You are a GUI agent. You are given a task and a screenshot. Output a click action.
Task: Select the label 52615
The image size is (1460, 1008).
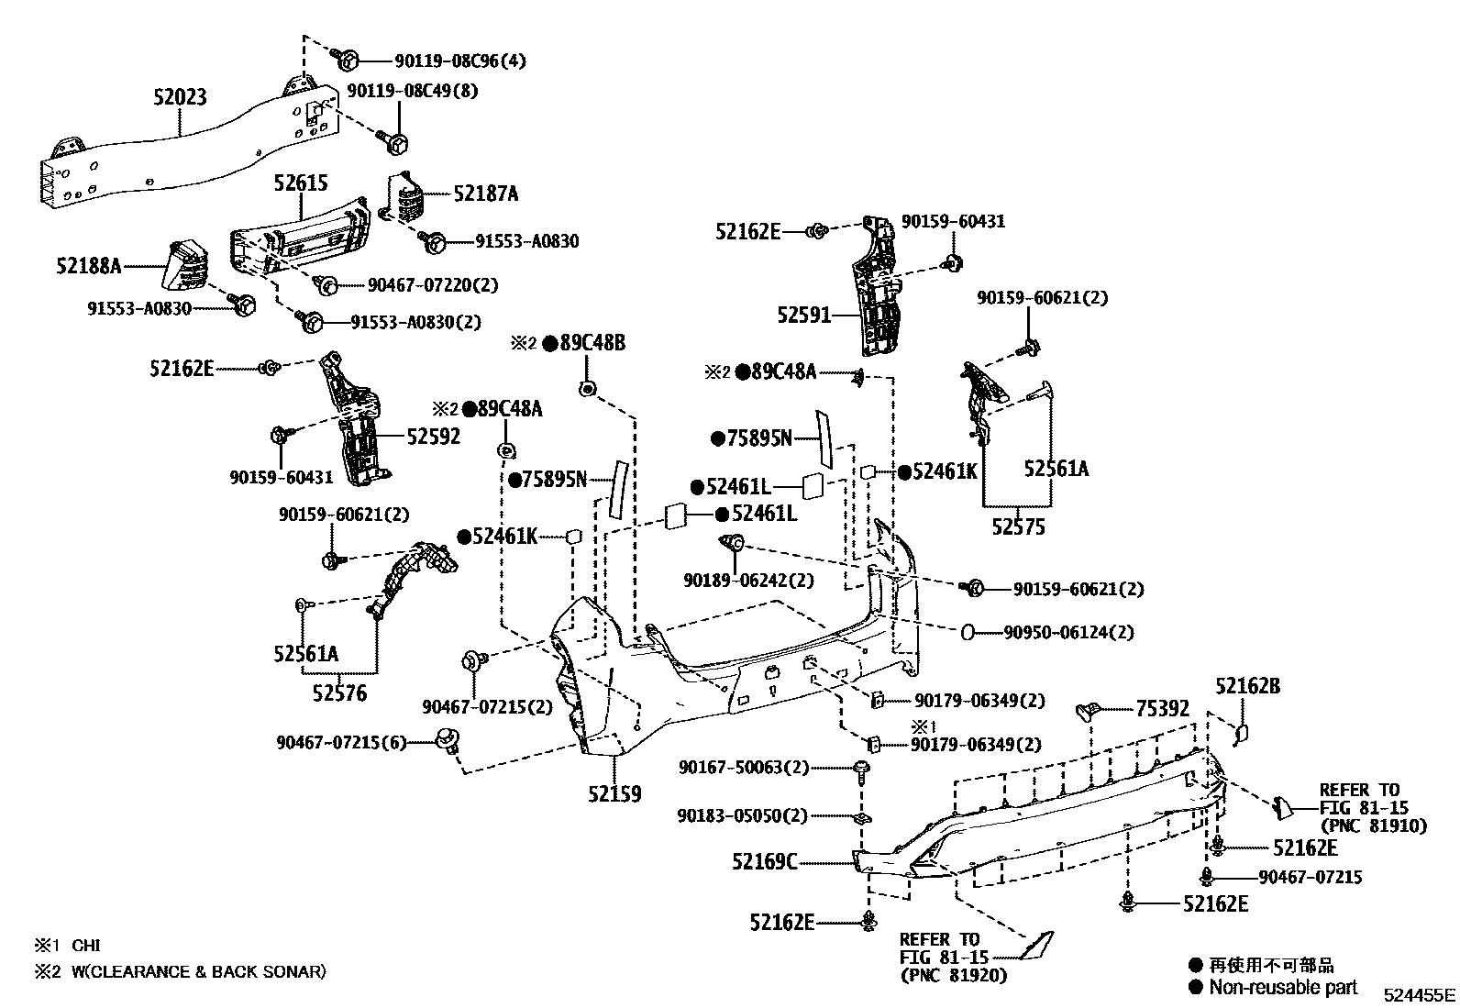pyautogui.click(x=300, y=183)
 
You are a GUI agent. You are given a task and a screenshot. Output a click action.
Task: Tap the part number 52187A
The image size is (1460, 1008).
pyautogui.click(x=486, y=194)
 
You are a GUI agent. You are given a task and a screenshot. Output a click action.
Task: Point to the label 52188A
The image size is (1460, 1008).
pyautogui.click(x=88, y=266)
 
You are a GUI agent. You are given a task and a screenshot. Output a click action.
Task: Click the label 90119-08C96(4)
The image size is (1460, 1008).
pyautogui.click(x=460, y=61)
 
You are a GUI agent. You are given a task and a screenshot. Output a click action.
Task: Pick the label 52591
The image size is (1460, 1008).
pyautogui.click(x=803, y=316)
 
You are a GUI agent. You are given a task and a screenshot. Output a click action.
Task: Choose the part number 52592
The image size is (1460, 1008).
pyautogui.click(x=433, y=437)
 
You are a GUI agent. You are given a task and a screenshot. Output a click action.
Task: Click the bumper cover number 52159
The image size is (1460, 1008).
pyautogui.click(x=614, y=793)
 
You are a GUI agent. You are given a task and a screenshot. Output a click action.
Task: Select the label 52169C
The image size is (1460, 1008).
pyautogui.click(x=765, y=861)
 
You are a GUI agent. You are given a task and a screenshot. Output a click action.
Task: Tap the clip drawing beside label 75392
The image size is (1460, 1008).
pyautogui.click(x=1088, y=710)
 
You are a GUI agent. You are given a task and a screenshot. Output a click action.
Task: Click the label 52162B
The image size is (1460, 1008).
pyautogui.click(x=1247, y=685)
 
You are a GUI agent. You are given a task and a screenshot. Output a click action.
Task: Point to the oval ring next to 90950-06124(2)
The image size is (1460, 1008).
pyautogui.click(x=968, y=632)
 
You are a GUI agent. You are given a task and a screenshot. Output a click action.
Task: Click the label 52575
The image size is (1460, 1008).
pyautogui.click(x=1018, y=527)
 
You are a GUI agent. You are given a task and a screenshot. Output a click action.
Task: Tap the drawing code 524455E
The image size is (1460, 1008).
pyautogui.click(x=1420, y=994)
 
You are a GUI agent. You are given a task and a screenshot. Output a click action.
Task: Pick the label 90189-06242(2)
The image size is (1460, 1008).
pyautogui.click(x=748, y=581)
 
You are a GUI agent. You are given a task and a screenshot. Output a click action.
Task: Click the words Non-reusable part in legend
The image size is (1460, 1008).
pyautogui.click(x=1283, y=987)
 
